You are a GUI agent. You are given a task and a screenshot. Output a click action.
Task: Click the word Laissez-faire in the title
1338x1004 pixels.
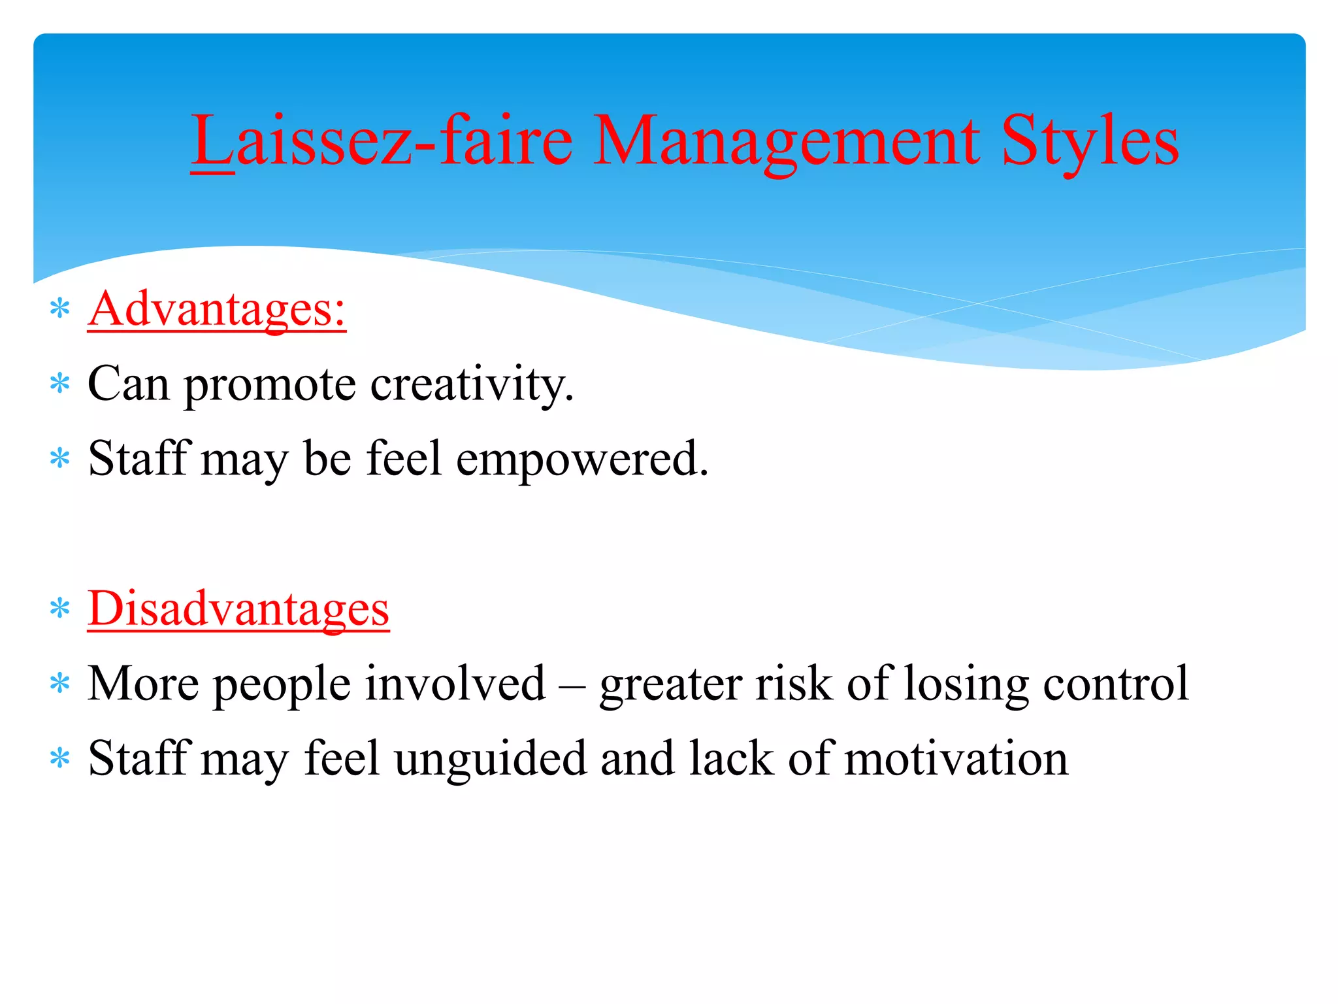tap(382, 140)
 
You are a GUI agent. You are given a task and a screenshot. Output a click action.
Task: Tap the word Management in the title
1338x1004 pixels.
tap(787, 140)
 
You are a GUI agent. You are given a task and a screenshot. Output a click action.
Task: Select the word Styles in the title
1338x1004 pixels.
tap(1090, 140)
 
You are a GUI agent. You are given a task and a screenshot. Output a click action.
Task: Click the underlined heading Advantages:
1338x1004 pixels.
tap(217, 309)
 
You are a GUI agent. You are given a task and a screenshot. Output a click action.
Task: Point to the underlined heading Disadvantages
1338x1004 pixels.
tap(238, 608)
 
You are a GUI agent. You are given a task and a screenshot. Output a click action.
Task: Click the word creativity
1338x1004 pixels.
tap(472, 384)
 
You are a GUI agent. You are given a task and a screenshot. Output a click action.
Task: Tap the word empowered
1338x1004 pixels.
tap(581, 460)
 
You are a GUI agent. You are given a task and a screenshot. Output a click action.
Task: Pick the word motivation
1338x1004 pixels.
tap(956, 758)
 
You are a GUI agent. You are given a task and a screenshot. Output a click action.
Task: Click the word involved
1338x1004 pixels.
tap(455, 684)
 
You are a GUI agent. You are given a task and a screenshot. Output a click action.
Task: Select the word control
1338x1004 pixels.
tap(1116, 684)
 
